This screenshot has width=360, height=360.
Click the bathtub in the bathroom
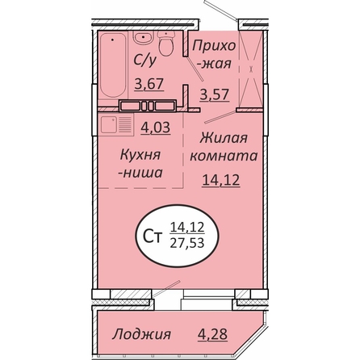[x=113, y=65]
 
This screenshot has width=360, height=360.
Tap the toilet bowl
[x=166, y=43]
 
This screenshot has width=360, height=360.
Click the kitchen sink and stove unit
[x=116, y=124]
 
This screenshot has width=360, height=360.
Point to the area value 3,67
[x=149, y=84]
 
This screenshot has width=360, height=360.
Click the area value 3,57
[x=215, y=94]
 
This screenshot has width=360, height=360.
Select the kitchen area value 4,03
[x=156, y=127]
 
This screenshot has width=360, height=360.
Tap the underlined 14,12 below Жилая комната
[x=221, y=180]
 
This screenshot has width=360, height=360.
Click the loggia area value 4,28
[x=212, y=334]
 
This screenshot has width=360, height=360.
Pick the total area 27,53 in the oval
[x=187, y=244]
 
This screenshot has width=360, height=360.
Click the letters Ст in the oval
[x=153, y=237]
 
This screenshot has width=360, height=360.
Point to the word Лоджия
[x=141, y=334]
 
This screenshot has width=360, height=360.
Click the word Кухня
[x=140, y=155]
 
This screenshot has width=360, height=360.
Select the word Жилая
[x=224, y=138]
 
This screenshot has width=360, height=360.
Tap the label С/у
[x=144, y=61]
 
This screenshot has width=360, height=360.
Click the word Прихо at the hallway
[x=214, y=46]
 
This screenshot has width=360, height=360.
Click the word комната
[x=224, y=156]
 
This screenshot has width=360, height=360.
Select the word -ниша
[x=140, y=173]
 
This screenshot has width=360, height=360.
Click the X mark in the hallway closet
[x=251, y=69]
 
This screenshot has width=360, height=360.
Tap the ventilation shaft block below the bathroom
[x=148, y=106]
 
